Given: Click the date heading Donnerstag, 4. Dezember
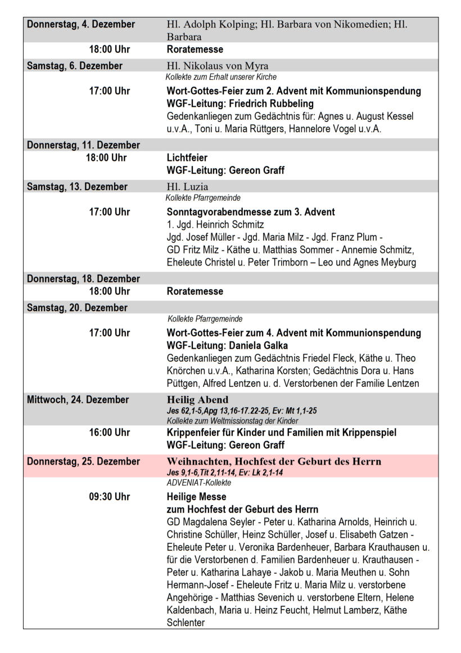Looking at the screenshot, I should pyautogui.click(x=81, y=25).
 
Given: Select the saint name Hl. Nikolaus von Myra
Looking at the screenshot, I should pyautogui.click(x=218, y=66).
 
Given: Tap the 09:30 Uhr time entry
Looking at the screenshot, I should pyautogui.click(x=109, y=497).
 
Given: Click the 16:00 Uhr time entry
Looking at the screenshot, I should pyautogui.click(x=109, y=433).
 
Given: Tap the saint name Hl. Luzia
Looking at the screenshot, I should pyautogui.click(x=188, y=187).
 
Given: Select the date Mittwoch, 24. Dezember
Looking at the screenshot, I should pyautogui.click(x=78, y=400).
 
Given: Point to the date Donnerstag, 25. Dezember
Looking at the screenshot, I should pyautogui.click(x=84, y=461).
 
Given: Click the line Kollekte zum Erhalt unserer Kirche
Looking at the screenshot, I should pyautogui.click(x=221, y=77).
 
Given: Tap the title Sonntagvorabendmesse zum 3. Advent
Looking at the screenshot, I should pyautogui.click(x=251, y=212).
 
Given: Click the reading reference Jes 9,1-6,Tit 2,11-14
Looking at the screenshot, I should pyautogui.click(x=208, y=472).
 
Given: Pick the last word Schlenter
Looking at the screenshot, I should pyautogui.click(x=186, y=623).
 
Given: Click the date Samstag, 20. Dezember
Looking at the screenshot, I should pyautogui.click(x=77, y=308).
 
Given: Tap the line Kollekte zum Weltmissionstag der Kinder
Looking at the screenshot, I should pyautogui.click(x=232, y=421).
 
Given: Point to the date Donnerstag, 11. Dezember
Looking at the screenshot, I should pyautogui.click(x=83, y=145).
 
